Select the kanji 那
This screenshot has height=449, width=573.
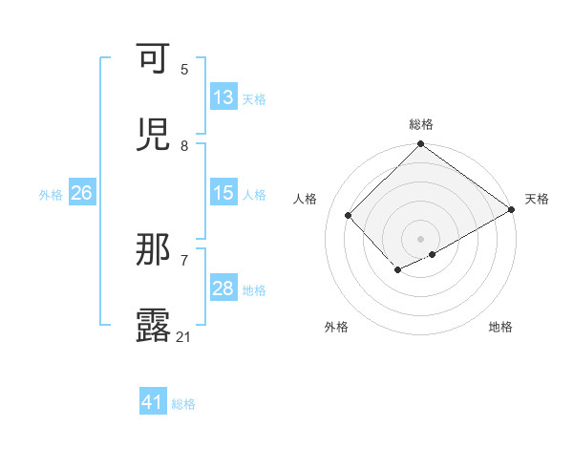pos(156,250)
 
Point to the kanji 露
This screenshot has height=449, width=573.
pos(156,326)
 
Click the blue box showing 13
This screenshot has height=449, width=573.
pos(223,97)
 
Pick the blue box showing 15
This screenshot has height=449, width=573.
pos(223,193)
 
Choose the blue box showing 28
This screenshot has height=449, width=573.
pos(223,289)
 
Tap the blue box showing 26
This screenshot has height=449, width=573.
pos(81,193)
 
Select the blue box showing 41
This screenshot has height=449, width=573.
pos(153,402)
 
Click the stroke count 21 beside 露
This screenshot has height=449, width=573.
pos(184,336)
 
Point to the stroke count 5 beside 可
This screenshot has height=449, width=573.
pos(184,69)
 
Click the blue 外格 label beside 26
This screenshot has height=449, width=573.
pos(51,194)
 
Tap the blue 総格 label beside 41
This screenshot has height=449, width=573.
pos(183,403)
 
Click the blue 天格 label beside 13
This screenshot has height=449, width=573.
pos(253,98)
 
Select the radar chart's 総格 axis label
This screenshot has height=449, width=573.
pos(421,124)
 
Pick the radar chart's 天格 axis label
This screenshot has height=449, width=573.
pos(537,199)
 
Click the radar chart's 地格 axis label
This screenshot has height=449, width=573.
pos(500,327)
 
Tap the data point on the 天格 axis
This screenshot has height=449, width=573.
pos(512,209)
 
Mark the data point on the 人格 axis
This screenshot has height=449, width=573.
pos(349,215)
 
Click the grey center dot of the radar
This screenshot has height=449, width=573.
pos(421,239)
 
